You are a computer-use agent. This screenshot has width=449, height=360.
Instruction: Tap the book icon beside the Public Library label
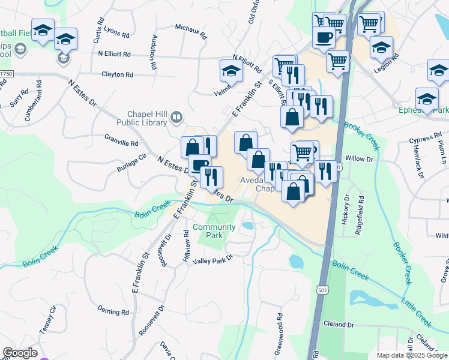coord(176,118)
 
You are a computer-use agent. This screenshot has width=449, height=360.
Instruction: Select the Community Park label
coord(208,231)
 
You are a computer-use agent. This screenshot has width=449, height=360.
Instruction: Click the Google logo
coord(19,353)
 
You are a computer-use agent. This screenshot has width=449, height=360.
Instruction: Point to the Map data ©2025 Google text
coord(412,355)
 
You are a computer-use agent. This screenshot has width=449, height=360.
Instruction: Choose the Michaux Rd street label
coord(190,28)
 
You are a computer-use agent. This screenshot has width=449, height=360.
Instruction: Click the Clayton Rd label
coord(117,75)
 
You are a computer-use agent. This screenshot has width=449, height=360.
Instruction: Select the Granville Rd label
coord(121,144)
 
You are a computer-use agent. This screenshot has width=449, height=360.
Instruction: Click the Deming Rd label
coord(113,312)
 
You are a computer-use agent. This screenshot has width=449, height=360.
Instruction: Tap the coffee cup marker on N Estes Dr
coord(199,164)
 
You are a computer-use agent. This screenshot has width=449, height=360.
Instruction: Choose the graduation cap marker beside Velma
coord(231,70)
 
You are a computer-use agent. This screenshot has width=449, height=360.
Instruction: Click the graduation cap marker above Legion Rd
coord(381,46)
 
